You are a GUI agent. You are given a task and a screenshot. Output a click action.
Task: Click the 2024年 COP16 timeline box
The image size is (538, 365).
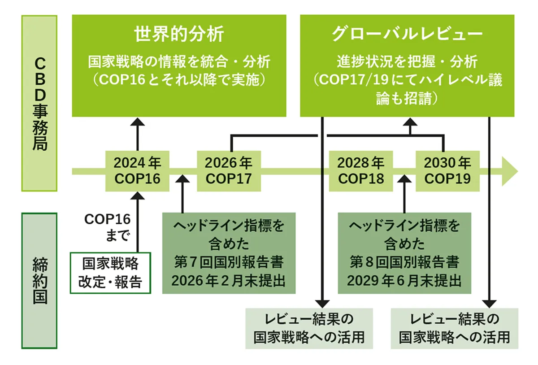coord(137,170)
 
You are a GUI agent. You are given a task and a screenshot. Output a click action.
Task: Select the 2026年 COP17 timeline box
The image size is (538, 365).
coord(229,170)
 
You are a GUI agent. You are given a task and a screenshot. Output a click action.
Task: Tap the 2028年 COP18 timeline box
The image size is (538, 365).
coord(361,170)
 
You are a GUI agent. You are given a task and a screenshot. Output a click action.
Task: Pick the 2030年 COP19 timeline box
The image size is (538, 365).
coord(447,170)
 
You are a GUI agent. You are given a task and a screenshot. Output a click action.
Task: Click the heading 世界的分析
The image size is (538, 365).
coord(179,35)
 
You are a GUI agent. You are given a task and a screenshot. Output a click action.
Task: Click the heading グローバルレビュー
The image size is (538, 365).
coord(407,35)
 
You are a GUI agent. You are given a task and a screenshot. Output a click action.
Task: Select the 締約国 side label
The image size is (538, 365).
coord(39,281)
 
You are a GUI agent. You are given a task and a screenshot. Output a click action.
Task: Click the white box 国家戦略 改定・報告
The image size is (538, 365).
coord(110,273)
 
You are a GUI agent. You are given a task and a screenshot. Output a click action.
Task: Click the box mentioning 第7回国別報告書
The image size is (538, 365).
coord(229,253)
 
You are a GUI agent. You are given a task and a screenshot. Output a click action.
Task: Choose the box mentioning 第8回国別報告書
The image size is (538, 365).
coord(404,253)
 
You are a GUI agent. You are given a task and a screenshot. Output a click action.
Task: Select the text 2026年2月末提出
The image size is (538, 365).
coord(229,281)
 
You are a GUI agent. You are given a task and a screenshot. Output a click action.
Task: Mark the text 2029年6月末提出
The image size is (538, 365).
coord(404,281)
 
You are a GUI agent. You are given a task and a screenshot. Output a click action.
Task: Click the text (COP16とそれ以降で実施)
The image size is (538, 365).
coord(179,80)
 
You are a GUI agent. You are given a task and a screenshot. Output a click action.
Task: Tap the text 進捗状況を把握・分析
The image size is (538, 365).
coord(407,61)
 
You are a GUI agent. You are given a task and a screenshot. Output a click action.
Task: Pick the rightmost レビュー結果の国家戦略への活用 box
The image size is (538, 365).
coord(455,328)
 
